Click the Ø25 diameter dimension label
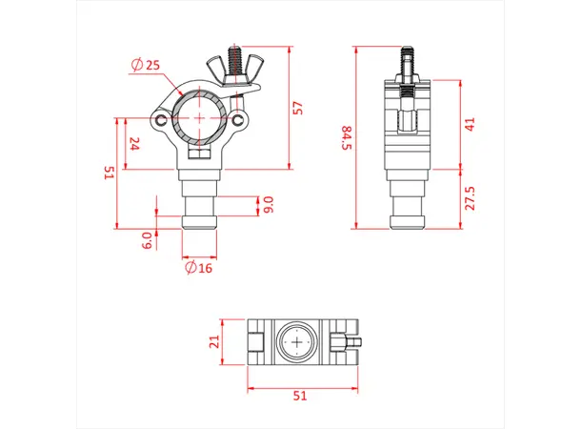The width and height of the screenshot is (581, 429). [x=147, y=65]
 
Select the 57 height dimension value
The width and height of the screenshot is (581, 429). [x=297, y=106]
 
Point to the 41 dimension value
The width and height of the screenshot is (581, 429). [x=470, y=124]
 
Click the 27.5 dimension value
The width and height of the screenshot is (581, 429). [x=470, y=198]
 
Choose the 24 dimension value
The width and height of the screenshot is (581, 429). [x=134, y=144]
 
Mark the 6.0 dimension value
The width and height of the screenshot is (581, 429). [x=146, y=238]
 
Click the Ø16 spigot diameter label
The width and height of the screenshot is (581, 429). [x=199, y=267]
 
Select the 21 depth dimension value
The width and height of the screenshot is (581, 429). [x=214, y=341]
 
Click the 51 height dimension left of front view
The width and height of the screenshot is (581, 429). [x=110, y=173]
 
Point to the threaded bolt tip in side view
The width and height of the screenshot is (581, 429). [x=407, y=50]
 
